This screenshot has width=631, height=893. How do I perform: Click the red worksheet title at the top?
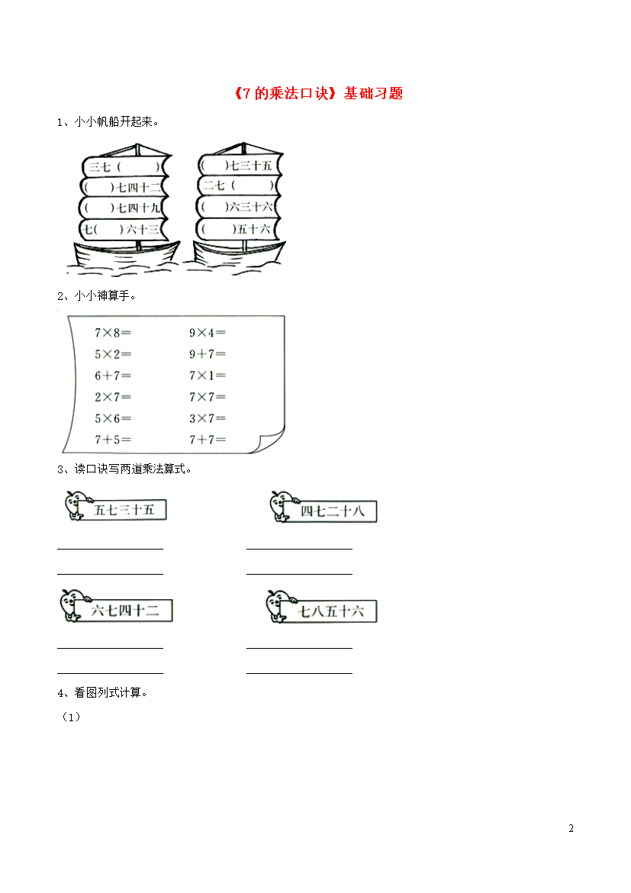pos(318,93)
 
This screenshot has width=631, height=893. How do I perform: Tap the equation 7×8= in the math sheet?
pos(113,333)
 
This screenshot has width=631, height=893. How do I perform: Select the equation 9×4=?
pos(208,333)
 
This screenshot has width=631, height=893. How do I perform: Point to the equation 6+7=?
pos(113,376)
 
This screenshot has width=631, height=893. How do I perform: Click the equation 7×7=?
pos(208,397)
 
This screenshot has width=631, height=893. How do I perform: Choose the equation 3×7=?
pos(208,418)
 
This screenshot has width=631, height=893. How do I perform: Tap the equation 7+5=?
pos(113,440)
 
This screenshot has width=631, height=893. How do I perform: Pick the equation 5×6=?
pos(113,418)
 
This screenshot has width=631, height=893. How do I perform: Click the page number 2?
pos(571,828)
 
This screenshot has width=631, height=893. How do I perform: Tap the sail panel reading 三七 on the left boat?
pos(123,167)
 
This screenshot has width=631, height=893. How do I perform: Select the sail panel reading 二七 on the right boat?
pos(239,185)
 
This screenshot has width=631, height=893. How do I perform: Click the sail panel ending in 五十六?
pos(237,230)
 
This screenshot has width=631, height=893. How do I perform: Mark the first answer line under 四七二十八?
pos(300,549)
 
